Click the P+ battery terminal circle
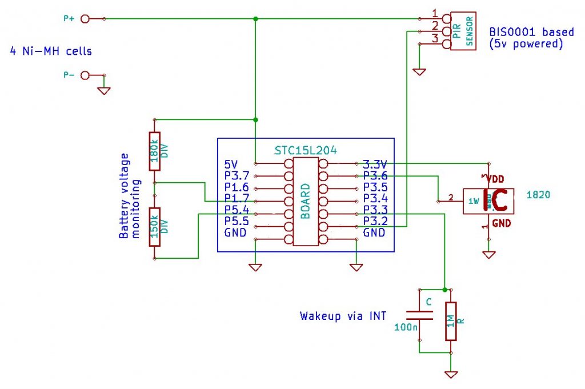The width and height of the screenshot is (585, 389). (86, 19)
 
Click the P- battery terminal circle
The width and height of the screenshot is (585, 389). (86, 75)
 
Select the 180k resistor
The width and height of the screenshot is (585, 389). (154, 151)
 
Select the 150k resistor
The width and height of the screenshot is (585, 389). (154, 227)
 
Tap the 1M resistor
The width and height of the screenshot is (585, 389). (451, 321)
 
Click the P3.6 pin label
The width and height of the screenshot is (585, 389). (375, 176)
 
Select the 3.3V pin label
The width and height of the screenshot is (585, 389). (375, 164)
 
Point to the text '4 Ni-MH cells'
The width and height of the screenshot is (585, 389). (51, 51)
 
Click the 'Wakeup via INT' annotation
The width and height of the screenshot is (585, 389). (343, 316)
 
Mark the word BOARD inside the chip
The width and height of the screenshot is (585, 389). (305, 200)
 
